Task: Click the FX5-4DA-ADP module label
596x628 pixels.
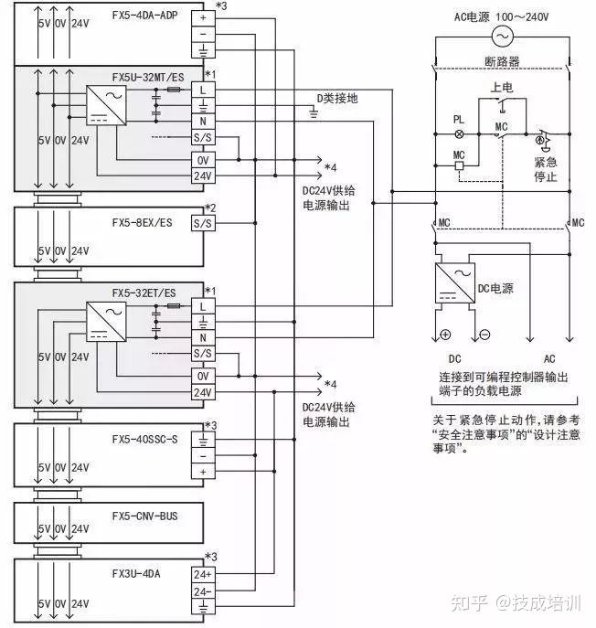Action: (144, 16)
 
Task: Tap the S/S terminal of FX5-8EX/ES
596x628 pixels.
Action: (201, 222)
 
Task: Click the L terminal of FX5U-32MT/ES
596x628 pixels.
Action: (201, 89)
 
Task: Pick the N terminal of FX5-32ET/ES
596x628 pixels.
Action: (201, 338)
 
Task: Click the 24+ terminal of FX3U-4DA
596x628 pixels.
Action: (201, 574)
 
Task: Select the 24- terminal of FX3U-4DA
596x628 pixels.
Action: (201, 591)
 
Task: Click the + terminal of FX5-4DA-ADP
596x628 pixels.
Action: (201, 16)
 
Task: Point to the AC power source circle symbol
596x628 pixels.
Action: (502, 36)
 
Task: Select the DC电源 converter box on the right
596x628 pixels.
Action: (456, 286)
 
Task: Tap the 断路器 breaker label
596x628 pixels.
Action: (502, 62)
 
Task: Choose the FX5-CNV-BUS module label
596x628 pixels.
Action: (144, 516)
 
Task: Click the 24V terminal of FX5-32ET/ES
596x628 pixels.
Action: (201, 392)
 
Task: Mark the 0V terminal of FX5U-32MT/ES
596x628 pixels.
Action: (201, 159)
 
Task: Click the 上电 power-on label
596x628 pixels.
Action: (502, 88)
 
